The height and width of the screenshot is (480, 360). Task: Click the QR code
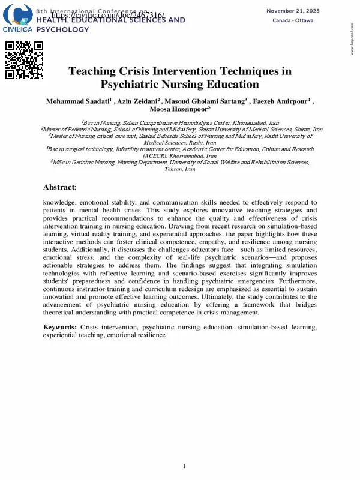point(25,61)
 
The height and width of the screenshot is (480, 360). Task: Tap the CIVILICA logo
point(18,20)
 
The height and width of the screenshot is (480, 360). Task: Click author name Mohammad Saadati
point(77,101)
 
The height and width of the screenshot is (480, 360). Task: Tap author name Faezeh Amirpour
point(285,101)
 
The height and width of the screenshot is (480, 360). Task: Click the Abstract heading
point(59,187)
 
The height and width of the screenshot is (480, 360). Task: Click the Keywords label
point(59,327)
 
